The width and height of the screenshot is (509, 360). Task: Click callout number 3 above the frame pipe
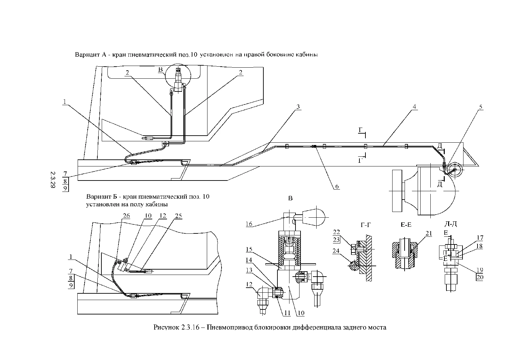[298, 106]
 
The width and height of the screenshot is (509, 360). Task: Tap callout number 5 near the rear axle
[481, 107]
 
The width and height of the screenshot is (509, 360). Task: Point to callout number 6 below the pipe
[337, 186]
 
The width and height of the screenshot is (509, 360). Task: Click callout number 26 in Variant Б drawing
[126, 215]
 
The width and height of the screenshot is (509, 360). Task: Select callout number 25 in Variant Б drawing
[178, 215]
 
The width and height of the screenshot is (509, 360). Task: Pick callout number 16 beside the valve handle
[249, 224]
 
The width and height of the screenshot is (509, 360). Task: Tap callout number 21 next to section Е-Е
[429, 233]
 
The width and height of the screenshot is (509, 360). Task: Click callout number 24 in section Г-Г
[336, 250]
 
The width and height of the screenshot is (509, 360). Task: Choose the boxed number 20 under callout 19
[480, 277]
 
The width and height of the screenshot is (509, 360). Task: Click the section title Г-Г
[366, 225]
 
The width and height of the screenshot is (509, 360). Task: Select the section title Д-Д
[451, 224]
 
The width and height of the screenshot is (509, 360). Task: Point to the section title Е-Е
[406, 225]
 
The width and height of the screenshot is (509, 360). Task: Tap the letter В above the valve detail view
[290, 198]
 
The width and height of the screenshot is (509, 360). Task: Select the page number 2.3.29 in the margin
[53, 179]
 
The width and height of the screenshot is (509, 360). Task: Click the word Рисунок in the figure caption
[167, 327]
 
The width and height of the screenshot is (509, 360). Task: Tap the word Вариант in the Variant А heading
[87, 55]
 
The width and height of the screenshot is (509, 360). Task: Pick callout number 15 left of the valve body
[249, 249]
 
